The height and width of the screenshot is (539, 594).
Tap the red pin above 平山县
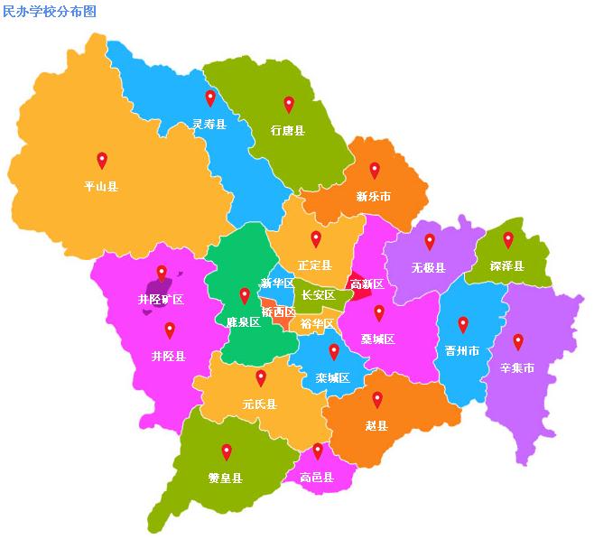[x=102, y=161]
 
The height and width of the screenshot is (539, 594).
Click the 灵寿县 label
[x=209, y=124]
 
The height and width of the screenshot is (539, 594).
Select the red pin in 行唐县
[x=289, y=104]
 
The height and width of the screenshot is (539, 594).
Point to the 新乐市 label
[x=373, y=196]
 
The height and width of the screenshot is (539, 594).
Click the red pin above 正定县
[x=316, y=239]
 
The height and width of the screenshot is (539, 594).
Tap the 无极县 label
[x=429, y=267]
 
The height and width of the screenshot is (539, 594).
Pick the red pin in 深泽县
[x=508, y=239]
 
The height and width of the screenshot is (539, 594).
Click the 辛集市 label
[x=517, y=368]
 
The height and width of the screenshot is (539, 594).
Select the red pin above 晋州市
[x=463, y=325]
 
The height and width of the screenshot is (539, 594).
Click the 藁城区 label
[x=378, y=339]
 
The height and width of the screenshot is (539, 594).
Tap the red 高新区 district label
[x=367, y=284]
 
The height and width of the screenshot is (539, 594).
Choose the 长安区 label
[x=318, y=295]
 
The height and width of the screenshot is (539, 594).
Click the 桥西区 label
[x=278, y=311]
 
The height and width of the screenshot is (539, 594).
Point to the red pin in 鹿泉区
[x=244, y=295]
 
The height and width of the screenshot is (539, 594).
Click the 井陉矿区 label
[x=161, y=299]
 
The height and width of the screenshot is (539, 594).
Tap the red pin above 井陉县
[x=170, y=330]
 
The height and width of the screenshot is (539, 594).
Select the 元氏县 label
[x=260, y=404]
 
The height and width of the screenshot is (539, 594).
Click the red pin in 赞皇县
[x=227, y=451]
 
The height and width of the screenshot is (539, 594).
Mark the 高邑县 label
[x=317, y=477]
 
